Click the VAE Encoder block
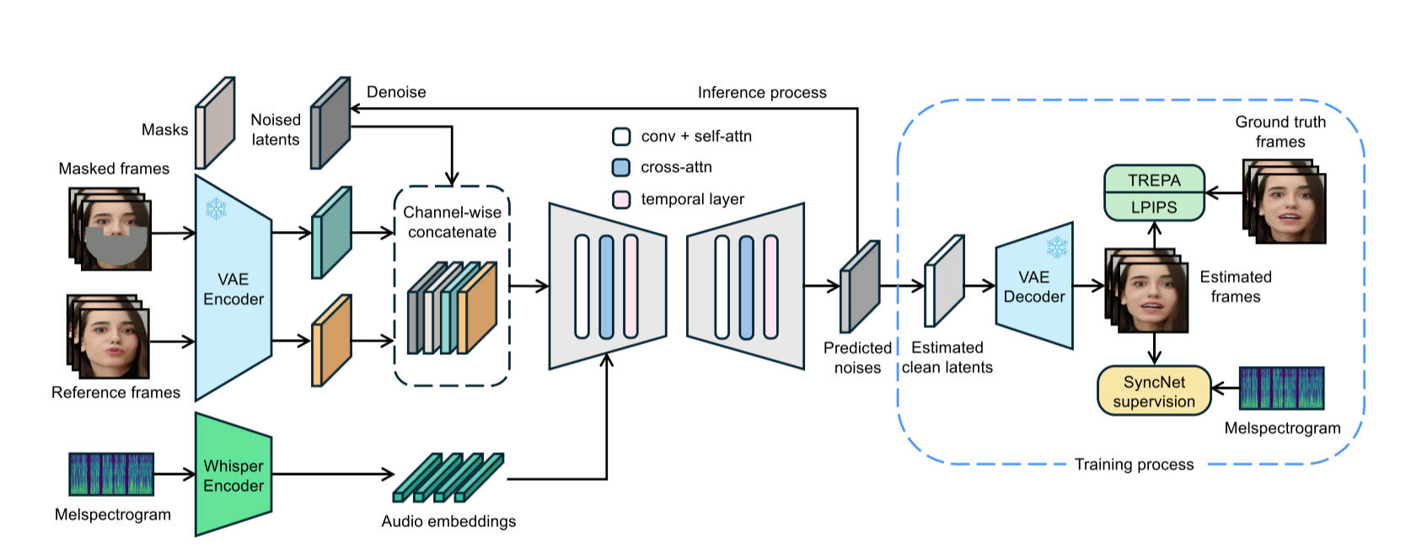pyautogui.click(x=233, y=288)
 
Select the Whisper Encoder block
pyautogui.click(x=233, y=476)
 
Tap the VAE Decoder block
pyautogui.click(x=1034, y=287)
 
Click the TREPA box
pyautogui.click(x=1154, y=180)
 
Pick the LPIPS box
pyautogui.click(x=1154, y=207)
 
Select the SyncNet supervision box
pyautogui.click(x=1154, y=391)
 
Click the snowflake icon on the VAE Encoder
pyautogui.click(x=217, y=209)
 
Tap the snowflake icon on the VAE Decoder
pyautogui.click(x=1056, y=247)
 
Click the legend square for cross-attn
pyautogui.click(x=621, y=167)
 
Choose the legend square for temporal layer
pyautogui.click(x=621, y=199)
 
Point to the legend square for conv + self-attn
pyautogui.click(x=621, y=136)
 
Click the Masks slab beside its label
pyautogui.click(x=215, y=123)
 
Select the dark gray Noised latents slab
pyautogui.click(x=330, y=123)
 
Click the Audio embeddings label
pyautogui.click(x=448, y=521)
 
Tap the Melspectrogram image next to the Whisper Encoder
pyautogui.click(x=111, y=474)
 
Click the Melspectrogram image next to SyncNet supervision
pyautogui.click(x=1281, y=388)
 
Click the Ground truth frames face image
pyautogui.click(x=1287, y=207)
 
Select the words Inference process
pyautogui.click(x=762, y=93)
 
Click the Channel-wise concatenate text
pyautogui.click(x=452, y=222)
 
